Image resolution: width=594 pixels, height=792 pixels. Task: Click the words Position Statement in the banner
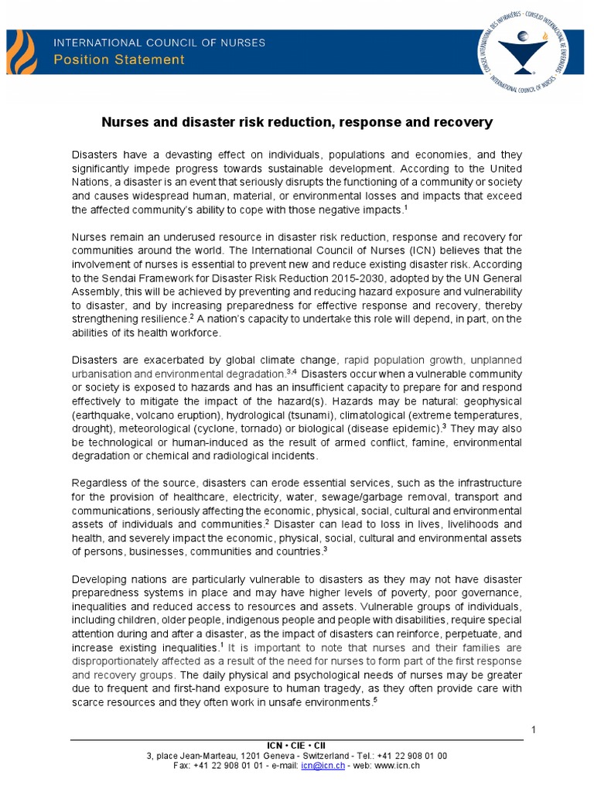[x=118, y=60]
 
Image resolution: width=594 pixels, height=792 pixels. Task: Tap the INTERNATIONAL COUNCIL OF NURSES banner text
[x=159, y=43]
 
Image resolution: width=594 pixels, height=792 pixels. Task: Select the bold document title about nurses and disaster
[x=297, y=122]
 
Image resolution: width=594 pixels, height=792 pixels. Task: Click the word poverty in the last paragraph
[x=415, y=593]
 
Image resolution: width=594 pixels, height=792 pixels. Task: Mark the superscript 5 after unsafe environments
[x=375, y=699]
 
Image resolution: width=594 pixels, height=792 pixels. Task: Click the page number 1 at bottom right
[x=534, y=730]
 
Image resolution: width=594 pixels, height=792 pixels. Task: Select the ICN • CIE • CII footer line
[x=297, y=745]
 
